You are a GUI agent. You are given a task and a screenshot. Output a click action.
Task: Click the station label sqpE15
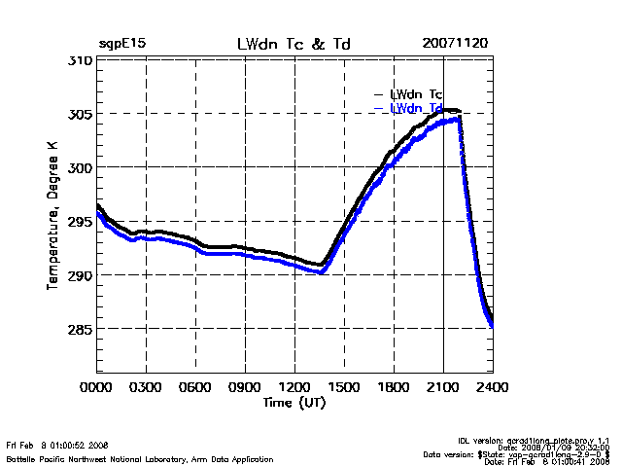pos(122,45)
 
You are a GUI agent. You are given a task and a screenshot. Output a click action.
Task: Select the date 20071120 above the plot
pos(456,45)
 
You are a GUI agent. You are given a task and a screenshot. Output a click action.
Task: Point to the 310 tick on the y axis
pos(81,60)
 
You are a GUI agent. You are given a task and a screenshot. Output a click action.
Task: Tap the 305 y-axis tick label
pos(81,114)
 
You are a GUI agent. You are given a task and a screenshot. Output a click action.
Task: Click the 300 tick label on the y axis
pos(81,167)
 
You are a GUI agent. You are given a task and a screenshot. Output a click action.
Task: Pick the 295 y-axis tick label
pos(81,222)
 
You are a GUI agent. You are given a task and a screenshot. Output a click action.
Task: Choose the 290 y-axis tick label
pos(81,275)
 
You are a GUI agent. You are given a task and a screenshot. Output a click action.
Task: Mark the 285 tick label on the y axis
pos(81,329)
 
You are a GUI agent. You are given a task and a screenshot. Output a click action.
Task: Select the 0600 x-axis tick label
pos(196,386)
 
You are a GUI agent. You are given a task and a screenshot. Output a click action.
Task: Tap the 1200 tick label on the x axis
pos(295,386)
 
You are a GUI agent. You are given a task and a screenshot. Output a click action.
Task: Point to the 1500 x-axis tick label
pos(345,386)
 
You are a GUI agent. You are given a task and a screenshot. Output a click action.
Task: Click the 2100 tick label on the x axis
pos(443,386)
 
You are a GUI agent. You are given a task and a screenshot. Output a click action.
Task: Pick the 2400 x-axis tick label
pos(492,386)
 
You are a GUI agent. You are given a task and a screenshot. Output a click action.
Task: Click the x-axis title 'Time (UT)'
pos(294,402)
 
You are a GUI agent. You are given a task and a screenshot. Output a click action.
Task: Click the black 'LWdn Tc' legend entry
pos(416,94)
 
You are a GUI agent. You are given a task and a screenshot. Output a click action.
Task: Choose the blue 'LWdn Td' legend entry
pos(416,108)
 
